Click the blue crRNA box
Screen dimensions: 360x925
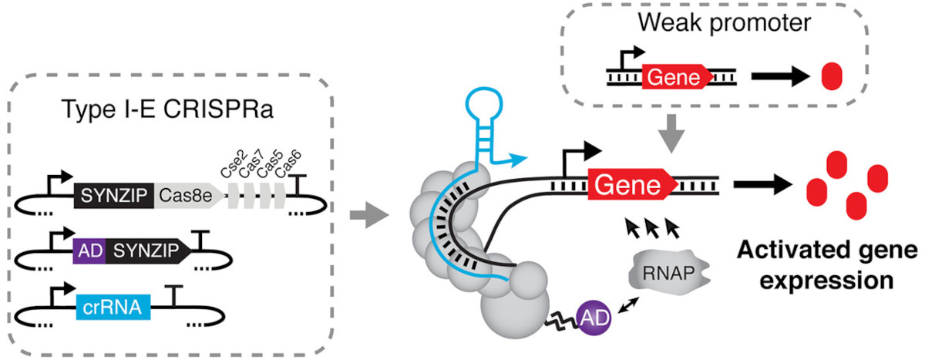pos(113,310)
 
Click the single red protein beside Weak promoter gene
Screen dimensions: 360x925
pos(832,78)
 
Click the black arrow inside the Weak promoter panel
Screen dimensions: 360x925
pos(779,78)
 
